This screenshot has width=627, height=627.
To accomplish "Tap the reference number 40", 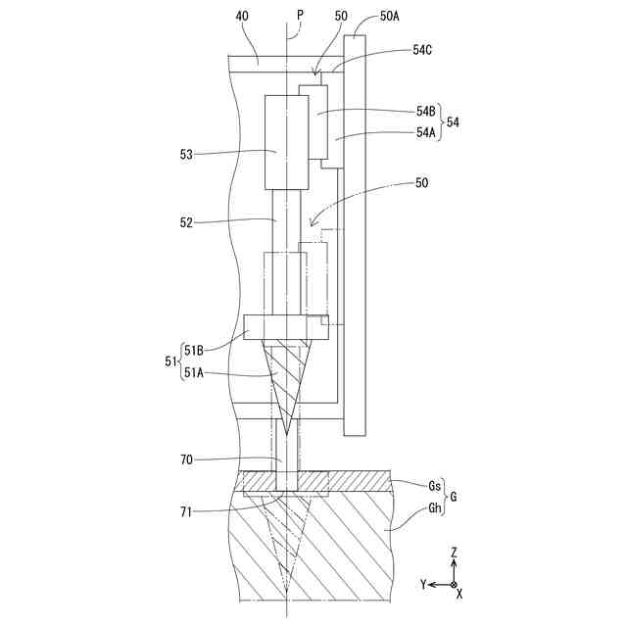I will pos(242,17).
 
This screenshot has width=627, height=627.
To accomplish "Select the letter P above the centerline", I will pos(300,17).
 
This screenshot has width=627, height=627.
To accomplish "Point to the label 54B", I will pos(426,113).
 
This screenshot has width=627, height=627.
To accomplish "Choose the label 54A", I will pos(426,131).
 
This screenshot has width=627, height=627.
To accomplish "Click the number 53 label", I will pos(186,154).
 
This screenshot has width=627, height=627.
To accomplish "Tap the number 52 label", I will pos(186,222).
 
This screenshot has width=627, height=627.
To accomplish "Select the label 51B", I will pos(193,348).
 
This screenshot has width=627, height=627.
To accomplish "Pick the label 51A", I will pos(193,371).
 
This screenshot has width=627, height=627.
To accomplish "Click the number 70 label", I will pos(187,459).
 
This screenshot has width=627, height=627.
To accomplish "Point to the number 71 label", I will pos(187,509).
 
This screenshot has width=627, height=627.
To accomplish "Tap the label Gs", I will pos(434,486).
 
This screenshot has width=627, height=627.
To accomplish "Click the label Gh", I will pos(434,507).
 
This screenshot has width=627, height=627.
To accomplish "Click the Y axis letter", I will pos(423,585).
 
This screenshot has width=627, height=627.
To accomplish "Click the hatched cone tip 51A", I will pos(286,387).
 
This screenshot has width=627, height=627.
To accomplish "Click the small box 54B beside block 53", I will pos(313,121).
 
